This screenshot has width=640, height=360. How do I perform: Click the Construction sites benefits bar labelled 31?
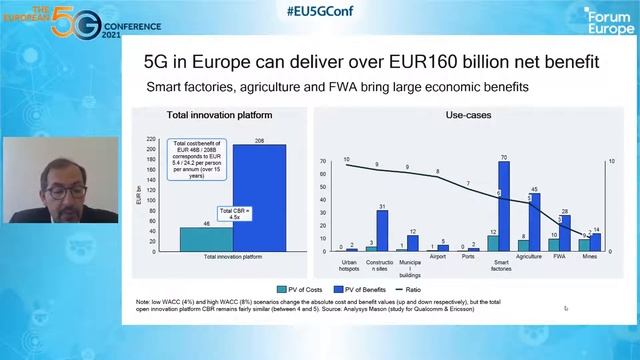pos(382,231)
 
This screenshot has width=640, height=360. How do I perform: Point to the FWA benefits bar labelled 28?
pos(565,233)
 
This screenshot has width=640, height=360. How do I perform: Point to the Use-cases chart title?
pos(467,116)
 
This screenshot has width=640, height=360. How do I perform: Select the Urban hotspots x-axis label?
pos(349,265)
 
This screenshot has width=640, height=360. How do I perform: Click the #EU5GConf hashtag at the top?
pos(320,12)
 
